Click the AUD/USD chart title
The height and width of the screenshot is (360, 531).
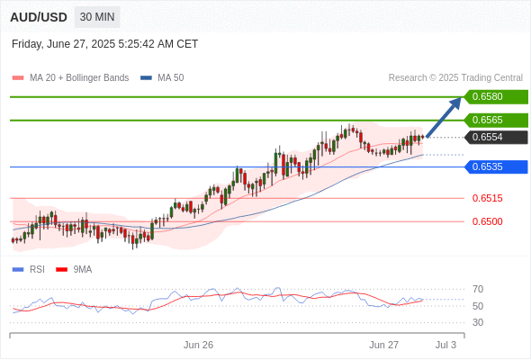[x=39, y=17]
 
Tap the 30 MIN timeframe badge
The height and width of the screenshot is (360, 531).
[x=97, y=17]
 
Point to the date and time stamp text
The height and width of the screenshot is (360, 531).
[x=104, y=44]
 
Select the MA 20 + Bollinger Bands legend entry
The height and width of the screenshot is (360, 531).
[x=70, y=78]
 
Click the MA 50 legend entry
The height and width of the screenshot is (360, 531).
[x=162, y=78]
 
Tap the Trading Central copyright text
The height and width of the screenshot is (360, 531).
[x=455, y=78]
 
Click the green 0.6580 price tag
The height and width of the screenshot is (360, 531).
[x=496, y=97]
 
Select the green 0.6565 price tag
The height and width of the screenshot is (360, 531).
[x=496, y=121]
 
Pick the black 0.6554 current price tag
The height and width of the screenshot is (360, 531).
[x=496, y=137]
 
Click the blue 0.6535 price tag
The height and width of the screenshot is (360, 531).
[x=496, y=167]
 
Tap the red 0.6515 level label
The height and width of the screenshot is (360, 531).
[x=487, y=198]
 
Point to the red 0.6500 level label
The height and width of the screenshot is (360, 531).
[x=487, y=221]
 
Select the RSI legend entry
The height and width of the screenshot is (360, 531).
[x=29, y=270]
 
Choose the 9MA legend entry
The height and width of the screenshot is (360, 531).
[x=74, y=270]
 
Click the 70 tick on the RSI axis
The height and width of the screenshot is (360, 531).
[x=478, y=289]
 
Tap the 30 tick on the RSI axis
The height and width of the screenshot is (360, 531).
[x=478, y=322]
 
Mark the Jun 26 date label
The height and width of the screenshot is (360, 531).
[x=198, y=345]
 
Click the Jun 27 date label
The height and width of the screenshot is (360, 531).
[x=383, y=345]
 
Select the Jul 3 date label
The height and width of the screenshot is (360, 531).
[x=445, y=345]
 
